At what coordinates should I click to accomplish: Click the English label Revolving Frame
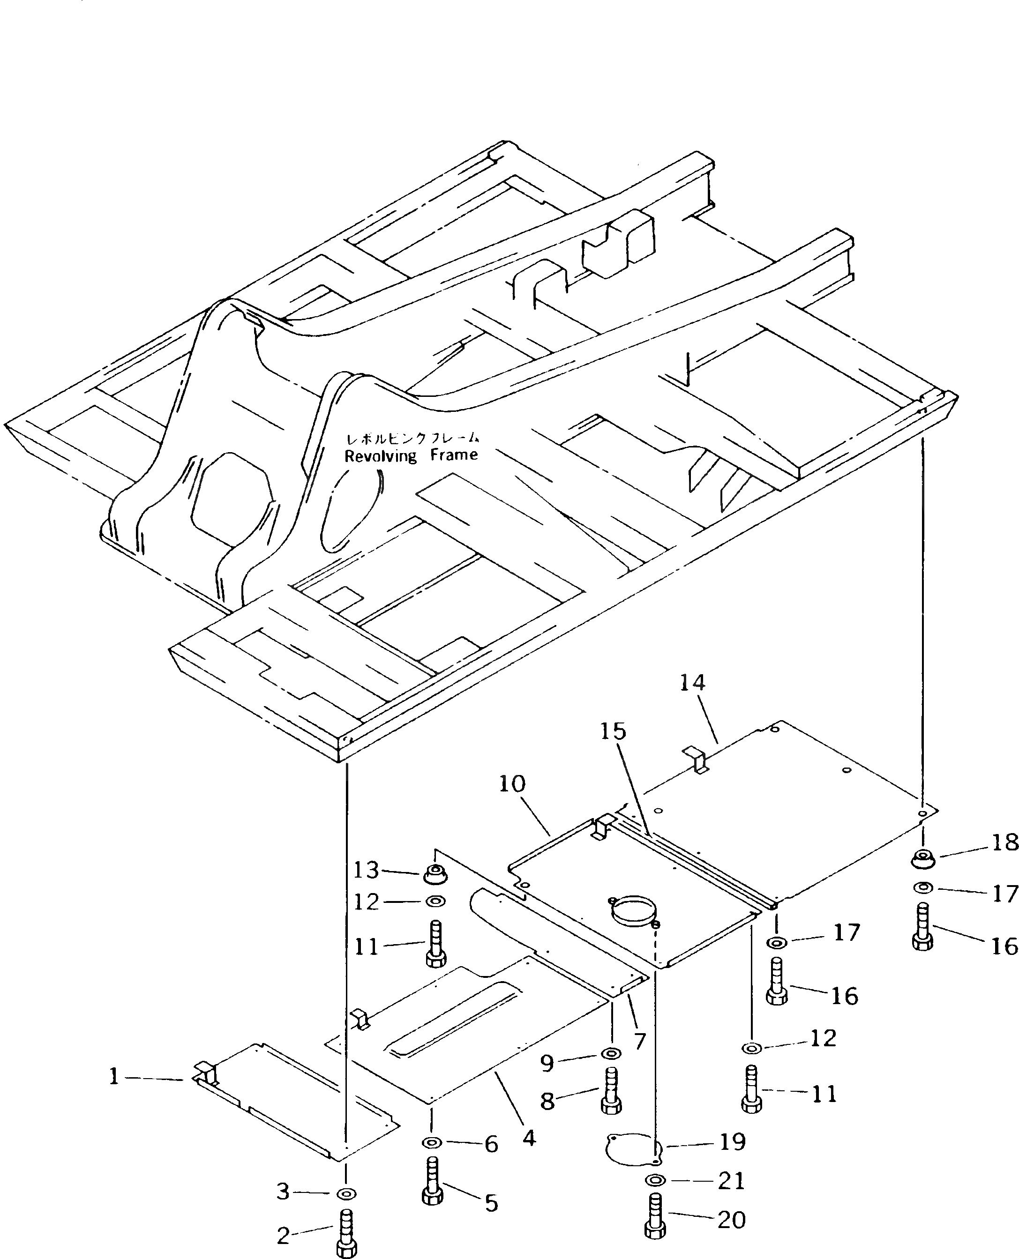coord(411,456)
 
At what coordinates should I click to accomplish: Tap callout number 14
coord(693,682)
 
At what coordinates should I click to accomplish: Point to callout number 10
coord(512,784)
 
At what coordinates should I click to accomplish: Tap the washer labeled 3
coord(346,1193)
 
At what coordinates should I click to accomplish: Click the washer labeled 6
coord(433,1142)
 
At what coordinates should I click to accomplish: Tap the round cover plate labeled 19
coord(631,1145)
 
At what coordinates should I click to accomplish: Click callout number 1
coord(114,1077)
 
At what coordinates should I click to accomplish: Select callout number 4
coord(529,1138)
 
